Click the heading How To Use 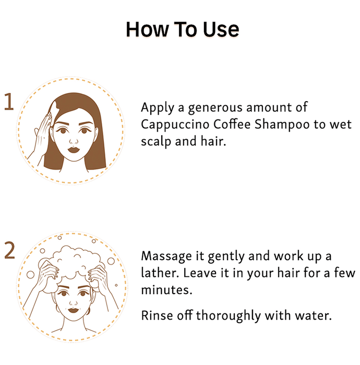pyautogui.click(x=182, y=29)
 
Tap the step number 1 pyautogui.click(x=9, y=102)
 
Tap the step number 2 pyautogui.click(x=9, y=250)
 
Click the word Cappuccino pyautogui.click(x=175, y=125)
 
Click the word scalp pyautogui.click(x=157, y=142)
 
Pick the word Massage pyautogui.click(x=166, y=257)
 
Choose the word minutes pyautogui.click(x=167, y=290)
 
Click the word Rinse pyautogui.click(x=157, y=315)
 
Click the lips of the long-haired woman pyautogui.click(x=74, y=149)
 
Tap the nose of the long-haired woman pyautogui.click(x=74, y=141)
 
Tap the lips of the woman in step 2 pyautogui.click(x=74, y=311)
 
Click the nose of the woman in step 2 pyautogui.click(x=74, y=302)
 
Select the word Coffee pyautogui.click(x=232, y=124)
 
